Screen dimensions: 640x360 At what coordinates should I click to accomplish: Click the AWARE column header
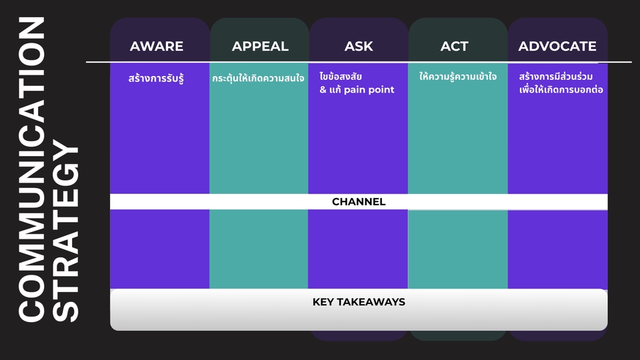[156, 46]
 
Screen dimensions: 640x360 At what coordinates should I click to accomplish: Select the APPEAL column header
[260, 46]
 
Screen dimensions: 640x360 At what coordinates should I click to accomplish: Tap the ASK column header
[359, 46]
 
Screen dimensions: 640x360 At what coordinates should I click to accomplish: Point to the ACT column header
[454, 46]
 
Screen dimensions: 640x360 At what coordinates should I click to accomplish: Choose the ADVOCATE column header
[557, 46]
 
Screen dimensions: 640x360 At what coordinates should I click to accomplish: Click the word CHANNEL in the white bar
[359, 201]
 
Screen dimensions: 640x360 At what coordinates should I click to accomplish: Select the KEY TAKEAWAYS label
[359, 302]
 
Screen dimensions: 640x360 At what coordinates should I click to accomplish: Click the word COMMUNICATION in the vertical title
[31, 169]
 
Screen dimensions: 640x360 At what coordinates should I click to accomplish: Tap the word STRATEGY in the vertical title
[65, 231]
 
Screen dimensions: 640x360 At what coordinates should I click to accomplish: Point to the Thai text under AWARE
[156, 78]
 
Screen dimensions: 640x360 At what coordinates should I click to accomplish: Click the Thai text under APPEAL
[258, 78]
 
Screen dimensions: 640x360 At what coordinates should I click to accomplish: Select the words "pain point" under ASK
[369, 90]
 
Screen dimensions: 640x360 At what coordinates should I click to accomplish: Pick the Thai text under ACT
[458, 76]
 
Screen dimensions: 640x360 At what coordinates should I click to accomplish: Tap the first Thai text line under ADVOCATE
[556, 76]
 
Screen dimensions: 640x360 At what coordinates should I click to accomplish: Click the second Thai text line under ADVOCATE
[561, 89]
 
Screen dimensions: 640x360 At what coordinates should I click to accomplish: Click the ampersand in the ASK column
[323, 90]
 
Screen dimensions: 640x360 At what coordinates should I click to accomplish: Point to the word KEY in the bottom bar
[323, 302]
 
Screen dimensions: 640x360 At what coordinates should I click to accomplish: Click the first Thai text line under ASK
[341, 76]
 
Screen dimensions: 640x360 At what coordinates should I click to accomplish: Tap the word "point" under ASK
[382, 90]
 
